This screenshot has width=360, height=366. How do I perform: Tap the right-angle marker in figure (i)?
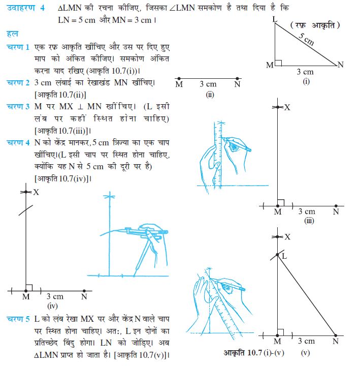point(278,63)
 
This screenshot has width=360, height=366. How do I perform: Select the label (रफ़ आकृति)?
point(315,25)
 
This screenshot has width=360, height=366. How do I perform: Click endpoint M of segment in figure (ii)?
point(179,79)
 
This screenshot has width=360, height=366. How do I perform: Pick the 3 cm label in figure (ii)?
point(208,84)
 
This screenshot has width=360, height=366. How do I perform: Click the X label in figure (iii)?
point(287,107)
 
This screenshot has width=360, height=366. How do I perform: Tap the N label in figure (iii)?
point(336,212)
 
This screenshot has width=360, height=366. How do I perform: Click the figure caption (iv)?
point(53,306)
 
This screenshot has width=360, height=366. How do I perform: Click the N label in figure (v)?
point(336,341)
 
